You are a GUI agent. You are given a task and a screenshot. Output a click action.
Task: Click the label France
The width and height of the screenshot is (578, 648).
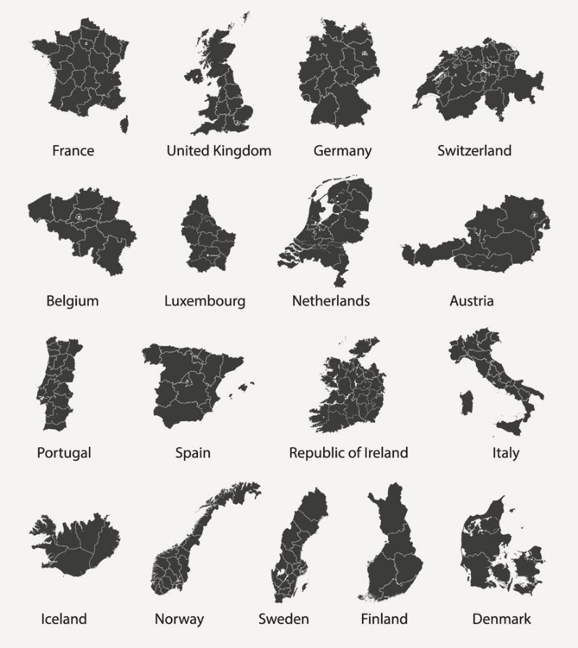(73, 151)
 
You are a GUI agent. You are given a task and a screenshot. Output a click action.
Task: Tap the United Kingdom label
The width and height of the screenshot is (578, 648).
(219, 151)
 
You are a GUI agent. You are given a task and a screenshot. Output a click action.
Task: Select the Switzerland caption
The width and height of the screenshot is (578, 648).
(474, 151)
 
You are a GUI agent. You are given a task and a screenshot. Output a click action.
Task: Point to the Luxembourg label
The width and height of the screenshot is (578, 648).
(204, 301)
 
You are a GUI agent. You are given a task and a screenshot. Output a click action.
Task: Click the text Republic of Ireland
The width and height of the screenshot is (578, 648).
(348, 453)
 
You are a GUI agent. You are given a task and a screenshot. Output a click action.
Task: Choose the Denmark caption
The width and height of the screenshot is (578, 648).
(501, 619)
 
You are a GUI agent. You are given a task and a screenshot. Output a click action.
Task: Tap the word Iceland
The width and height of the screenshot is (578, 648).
(64, 619)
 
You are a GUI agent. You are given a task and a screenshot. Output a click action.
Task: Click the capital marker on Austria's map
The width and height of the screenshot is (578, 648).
(534, 214)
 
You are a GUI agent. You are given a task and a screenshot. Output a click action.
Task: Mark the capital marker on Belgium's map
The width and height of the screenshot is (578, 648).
(76, 215)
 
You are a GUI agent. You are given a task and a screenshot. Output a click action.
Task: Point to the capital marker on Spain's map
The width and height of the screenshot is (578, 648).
(187, 381)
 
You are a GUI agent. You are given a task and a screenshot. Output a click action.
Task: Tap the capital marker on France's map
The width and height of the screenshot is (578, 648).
(87, 44)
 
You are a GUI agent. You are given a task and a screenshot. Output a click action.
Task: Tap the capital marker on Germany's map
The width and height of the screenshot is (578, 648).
(365, 53)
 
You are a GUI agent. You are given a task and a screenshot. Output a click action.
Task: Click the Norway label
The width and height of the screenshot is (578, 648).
(179, 619)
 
